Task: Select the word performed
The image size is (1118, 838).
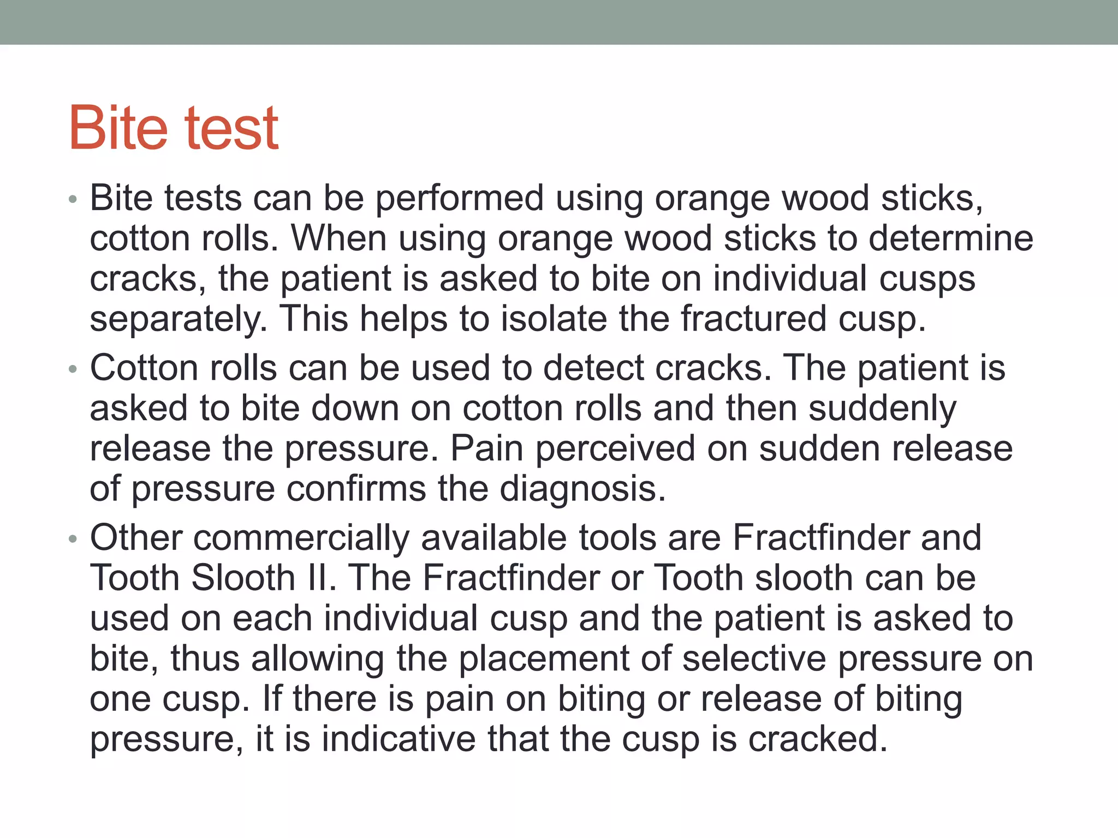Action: pyautogui.click(x=460, y=199)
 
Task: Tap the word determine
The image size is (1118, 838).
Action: pyautogui.click(x=950, y=239)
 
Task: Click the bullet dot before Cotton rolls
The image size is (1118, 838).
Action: pyautogui.click(x=73, y=369)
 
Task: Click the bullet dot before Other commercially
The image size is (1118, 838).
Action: pyautogui.click(x=73, y=539)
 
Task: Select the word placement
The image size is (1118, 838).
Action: pyautogui.click(x=543, y=659)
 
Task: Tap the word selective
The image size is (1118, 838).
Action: pyautogui.click(x=754, y=659)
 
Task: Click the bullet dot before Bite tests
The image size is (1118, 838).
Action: pyautogui.click(x=73, y=199)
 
